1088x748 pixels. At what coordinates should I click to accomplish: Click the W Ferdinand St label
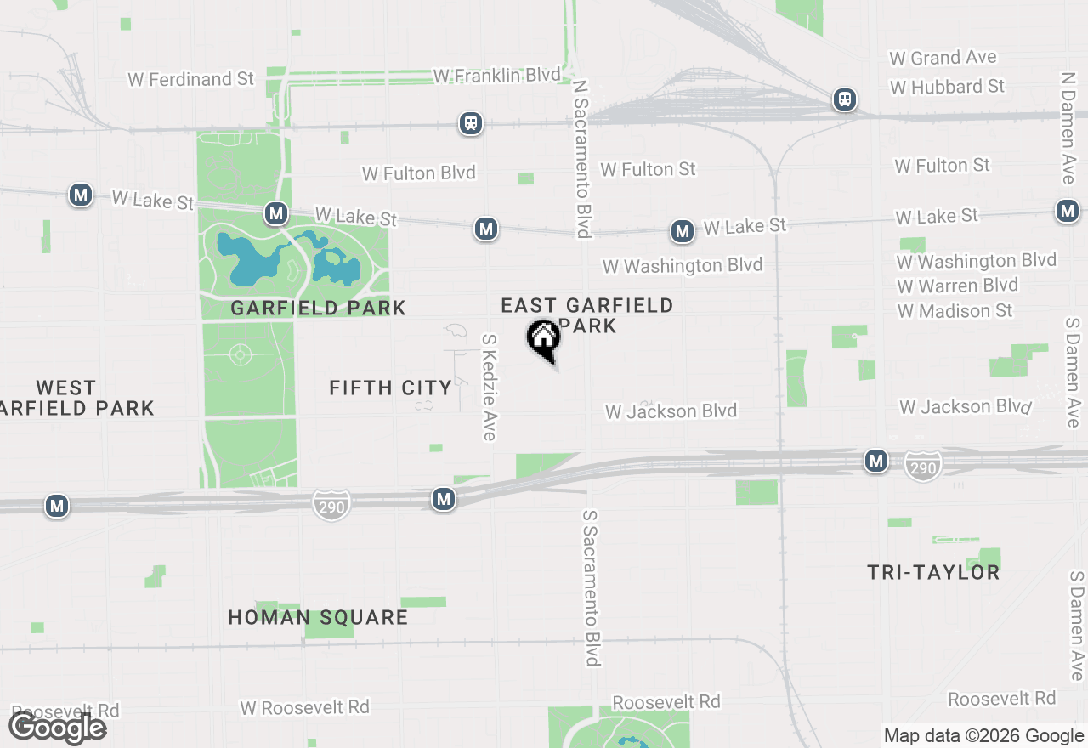[191, 79]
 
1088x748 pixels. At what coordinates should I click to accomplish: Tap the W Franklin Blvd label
[496, 76]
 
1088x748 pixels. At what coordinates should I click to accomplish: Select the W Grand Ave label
[943, 58]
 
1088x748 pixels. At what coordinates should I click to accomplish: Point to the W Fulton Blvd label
[418, 173]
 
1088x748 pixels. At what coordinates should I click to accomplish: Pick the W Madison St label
[955, 311]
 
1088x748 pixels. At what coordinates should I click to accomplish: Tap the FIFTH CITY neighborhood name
[390, 388]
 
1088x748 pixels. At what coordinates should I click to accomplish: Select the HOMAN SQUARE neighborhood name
[318, 617]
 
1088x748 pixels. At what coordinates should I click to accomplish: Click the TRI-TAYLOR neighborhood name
[933, 572]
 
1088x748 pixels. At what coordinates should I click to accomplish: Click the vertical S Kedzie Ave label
[489, 387]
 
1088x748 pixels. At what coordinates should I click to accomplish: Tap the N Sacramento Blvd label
[582, 159]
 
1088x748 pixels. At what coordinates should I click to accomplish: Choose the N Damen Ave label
[1068, 127]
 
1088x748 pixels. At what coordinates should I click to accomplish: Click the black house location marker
[543, 339]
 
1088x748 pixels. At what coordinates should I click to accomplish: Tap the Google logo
[58, 728]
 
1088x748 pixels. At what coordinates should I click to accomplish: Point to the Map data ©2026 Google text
[983, 736]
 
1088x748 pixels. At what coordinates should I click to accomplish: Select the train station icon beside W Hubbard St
[844, 99]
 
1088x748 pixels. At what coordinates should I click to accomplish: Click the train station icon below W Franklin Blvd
[471, 123]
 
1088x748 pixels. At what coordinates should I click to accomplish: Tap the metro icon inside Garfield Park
[275, 213]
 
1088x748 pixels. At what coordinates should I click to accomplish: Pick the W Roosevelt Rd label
[304, 707]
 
